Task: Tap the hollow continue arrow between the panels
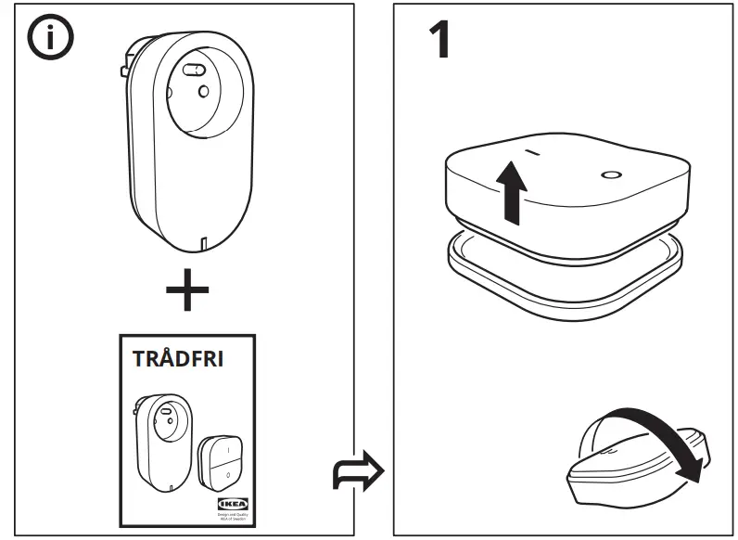(x=358, y=472)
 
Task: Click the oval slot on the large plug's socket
(x=194, y=69)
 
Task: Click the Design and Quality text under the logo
(x=227, y=514)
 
